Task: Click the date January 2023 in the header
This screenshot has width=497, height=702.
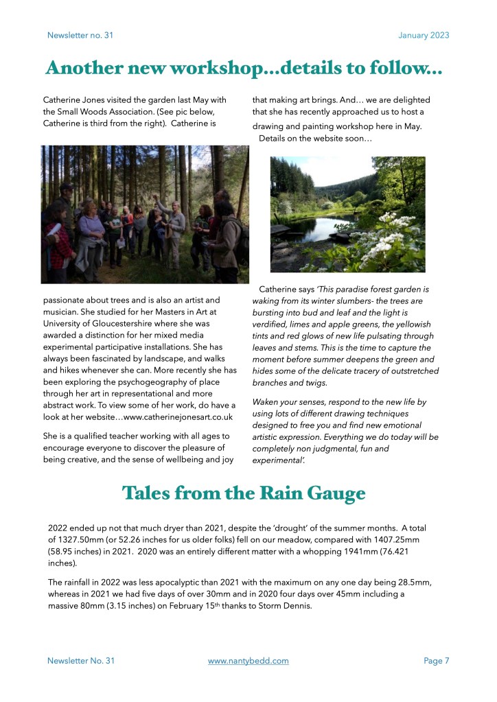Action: pyautogui.click(x=424, y=35)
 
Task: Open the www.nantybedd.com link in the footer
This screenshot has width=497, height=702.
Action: pyautogui.click(x=248, y=661)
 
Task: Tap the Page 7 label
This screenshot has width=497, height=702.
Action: pyautogui.click(x=437, y=661)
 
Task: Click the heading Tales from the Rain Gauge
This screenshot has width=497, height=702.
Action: pyautogui.click(x=244, y=493)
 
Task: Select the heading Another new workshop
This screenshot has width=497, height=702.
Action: pyautogui.click(x=244, y=69)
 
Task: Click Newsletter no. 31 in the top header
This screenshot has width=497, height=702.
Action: pyautogui.click(x=80, y=35)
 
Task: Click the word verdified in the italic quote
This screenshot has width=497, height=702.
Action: pyautogui.click(x=273, y=325)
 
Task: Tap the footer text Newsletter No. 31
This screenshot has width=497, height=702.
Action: pyautogui.click(x=81, y=661)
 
